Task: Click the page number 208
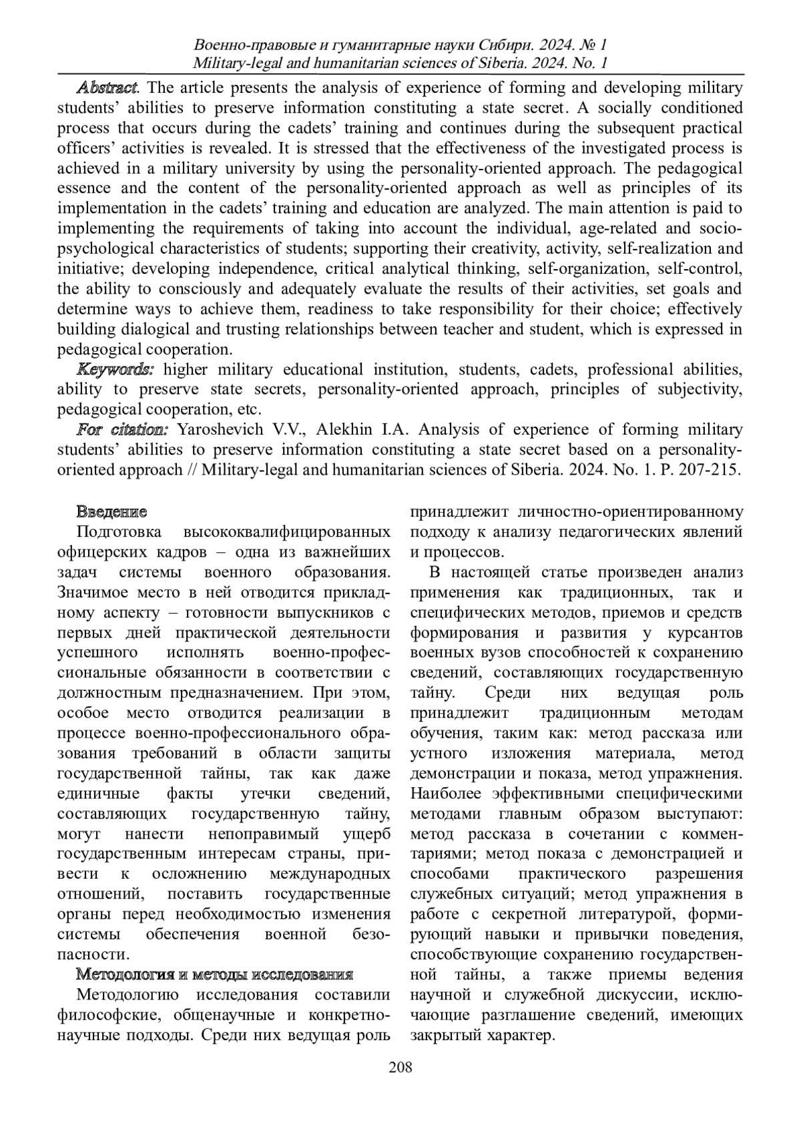(400, 1067)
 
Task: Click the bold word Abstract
(107, 88)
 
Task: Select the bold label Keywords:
(115, 369)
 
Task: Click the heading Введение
(111, 513)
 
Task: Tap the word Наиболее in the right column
(447, 794)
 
